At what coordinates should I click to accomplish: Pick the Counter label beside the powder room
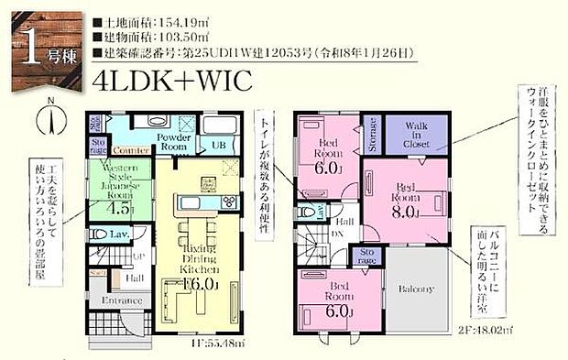(x=132, y=148)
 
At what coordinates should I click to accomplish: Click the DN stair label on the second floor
(x=337, y=235)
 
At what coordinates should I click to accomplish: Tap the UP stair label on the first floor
(x=114, y=256)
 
